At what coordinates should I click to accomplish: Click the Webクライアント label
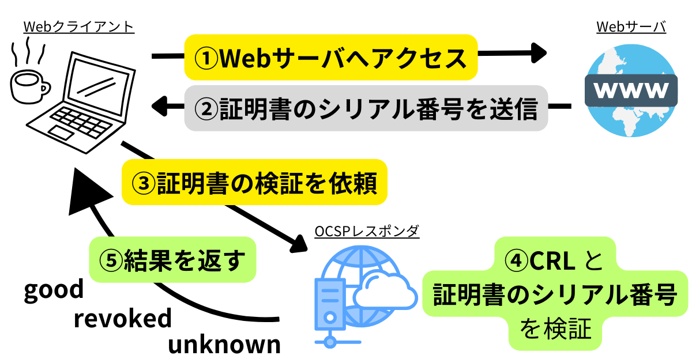pos(78,27)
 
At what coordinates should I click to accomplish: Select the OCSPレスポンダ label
pos(367,231)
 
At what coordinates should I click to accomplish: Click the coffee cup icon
pos(29,86)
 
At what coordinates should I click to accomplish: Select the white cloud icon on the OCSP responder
pos(385,291)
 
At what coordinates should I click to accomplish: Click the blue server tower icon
pos(330,305)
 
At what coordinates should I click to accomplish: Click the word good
pos(54,290)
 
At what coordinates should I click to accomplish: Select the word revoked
pos(123,318)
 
